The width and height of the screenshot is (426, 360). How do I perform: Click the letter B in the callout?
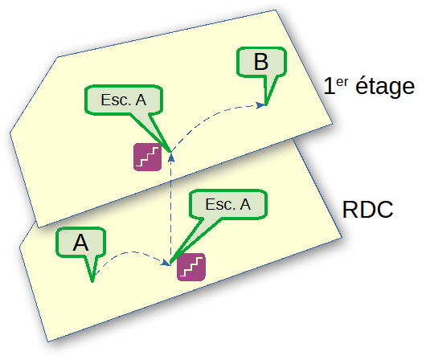(260, 62)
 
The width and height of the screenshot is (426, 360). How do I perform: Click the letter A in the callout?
(80, 243)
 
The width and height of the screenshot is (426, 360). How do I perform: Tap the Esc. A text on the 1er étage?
(124, 100)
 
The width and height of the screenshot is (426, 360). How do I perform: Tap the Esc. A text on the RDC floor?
(228, 204)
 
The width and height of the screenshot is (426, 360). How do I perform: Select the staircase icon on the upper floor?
(148, 157)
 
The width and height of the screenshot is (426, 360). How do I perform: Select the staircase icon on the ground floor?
(191, 267)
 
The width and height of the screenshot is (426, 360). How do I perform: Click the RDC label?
(367, 210)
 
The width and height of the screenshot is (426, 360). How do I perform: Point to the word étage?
(385, 86)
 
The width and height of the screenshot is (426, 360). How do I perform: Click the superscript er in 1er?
(342, 82)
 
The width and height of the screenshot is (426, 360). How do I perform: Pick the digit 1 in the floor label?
(329, 86)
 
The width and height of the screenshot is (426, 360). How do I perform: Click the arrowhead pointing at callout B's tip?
(260, 105)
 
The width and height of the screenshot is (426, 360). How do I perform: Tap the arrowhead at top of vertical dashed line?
(171, 157)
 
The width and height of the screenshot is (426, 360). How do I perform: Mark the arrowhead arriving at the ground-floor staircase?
(166, 263)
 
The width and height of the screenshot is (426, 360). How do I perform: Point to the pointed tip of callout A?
(92, 281)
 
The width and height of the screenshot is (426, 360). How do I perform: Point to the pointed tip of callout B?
(266, 104)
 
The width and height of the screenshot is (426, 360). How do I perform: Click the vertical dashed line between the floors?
(171, 209)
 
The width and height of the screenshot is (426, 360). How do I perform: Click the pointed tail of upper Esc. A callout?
(170, 151)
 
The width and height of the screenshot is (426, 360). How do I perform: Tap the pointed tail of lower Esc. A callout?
(170, 263)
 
